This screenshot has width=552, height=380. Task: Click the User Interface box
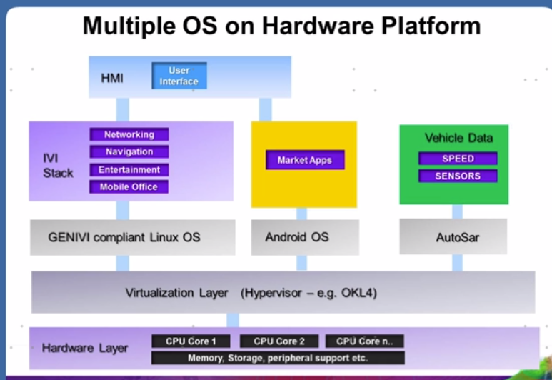click(179, 76)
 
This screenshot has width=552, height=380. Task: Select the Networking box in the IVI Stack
click(129, 134)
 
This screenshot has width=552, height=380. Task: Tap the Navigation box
click(129, 152)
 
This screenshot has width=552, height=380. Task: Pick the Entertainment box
click(129, 170)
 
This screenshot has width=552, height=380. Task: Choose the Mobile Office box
click(129, 187)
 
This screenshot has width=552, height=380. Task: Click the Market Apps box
click(305, 160)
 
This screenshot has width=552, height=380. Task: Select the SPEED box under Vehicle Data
click(458, 159)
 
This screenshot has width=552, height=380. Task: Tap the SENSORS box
click(458, 176)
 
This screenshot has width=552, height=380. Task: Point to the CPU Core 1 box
click(191, 341)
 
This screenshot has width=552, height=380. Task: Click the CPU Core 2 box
click(279, 341)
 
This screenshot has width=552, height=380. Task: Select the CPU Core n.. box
click(364, 341)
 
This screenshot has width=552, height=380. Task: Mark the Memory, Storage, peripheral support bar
click(278, 358)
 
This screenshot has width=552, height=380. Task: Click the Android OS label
click(297, 236)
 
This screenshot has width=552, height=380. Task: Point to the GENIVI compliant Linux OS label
click(124, 236)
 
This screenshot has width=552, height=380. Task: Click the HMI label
click(111, 78)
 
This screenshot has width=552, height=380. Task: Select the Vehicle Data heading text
click(458, 138)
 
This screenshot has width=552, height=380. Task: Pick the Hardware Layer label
click(85, 349)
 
